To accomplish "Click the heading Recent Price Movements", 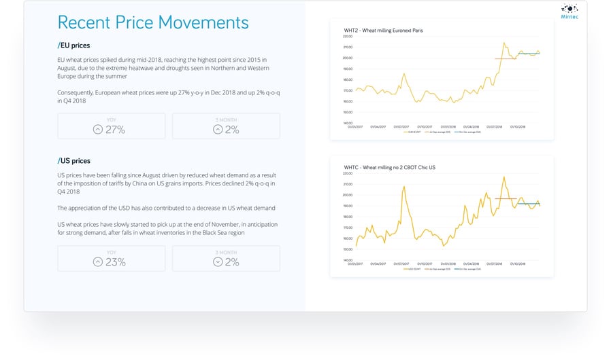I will [x=152, y=22].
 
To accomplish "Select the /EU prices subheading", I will [x=73, y=46].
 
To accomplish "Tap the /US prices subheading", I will [x=73, y=161].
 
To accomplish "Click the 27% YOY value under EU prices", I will [x=115, y=129].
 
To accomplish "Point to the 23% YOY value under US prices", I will [x=115, y=261].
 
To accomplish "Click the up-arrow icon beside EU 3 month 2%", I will [x=218, y=129].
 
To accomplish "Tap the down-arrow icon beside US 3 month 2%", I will [x=218, y=261].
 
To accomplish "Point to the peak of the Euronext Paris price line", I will [x=503, y=43].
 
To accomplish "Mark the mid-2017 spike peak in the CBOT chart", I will [x=404, y=187].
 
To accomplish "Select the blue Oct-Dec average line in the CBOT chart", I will [x=529, y=204].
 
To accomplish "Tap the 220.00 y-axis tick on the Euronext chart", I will [x=348, y=36].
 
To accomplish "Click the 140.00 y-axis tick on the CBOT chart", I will [x=348, y=260].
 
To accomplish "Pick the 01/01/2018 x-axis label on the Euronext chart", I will [x=448, y=126].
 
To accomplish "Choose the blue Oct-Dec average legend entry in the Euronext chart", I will [x=459, y=133].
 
